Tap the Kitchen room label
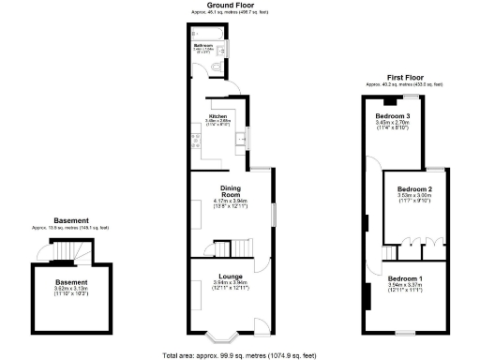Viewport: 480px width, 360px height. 218,116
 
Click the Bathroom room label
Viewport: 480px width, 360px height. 204,44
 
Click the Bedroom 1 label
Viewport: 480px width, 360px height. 405,279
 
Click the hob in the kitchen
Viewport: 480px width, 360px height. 194,142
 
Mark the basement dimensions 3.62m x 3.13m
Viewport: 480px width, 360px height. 71,290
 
